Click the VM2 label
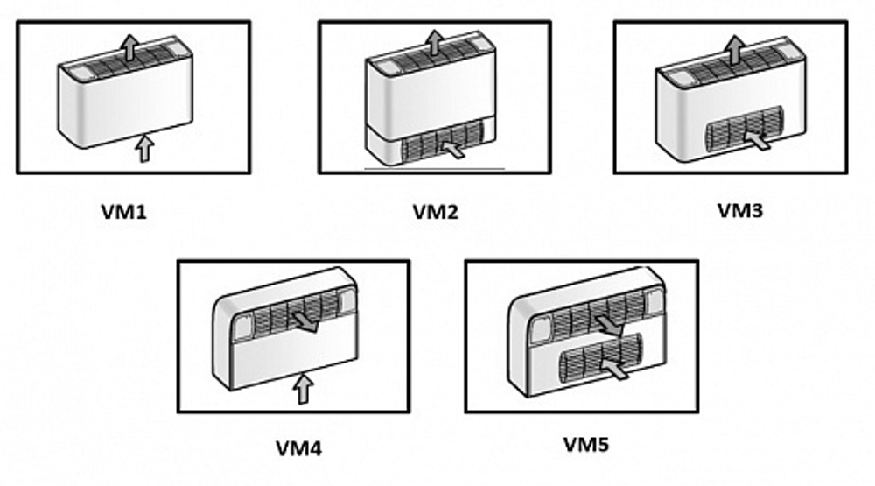click(435, 211)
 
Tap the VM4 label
click(298, 449)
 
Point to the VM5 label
click(585, 446)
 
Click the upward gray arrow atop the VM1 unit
click(129, 46)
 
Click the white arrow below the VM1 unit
click(143, 149)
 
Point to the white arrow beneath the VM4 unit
click(302, 388)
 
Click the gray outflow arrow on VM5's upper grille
click(607, 326)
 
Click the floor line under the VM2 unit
click(433, 167)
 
